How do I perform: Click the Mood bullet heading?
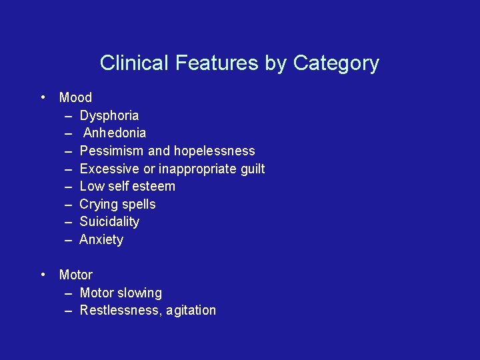pos(75,97)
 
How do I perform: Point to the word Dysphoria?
pos(109,115)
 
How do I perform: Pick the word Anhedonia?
pos(114,133)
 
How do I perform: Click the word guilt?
pos(253,169)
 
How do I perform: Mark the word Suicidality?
pos(109,221)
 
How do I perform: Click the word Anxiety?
pos(101,239)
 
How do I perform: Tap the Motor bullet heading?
pos(76,275)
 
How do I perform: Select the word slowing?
pos(139,293)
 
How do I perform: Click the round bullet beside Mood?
pos(43,97)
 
